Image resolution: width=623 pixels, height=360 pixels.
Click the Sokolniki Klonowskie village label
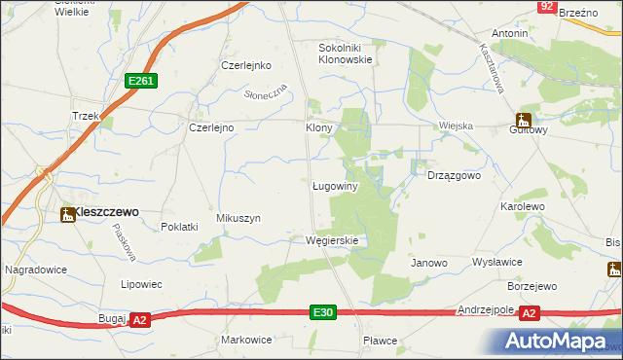pyautogui.click(x=347, y=53)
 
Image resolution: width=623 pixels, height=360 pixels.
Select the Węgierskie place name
pyautogui.click(x=332, y=240)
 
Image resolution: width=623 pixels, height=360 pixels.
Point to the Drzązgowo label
pyautogui.click(x=455, y=176)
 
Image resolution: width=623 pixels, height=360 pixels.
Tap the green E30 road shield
pyautogui.click(x=324, y=311)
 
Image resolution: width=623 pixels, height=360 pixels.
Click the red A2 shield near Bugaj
pyautogui.click(x=140, y=319)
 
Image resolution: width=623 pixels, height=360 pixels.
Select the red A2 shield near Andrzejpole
pyautogui.click(x=529, y=312)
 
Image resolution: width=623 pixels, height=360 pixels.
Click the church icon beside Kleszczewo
pyautogui.click(x=68, y=213)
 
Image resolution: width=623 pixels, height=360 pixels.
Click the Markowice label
pyautogui.click(x=246, y=340)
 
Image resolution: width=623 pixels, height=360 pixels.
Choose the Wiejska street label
pyautogui.click(x=456, y=126)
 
